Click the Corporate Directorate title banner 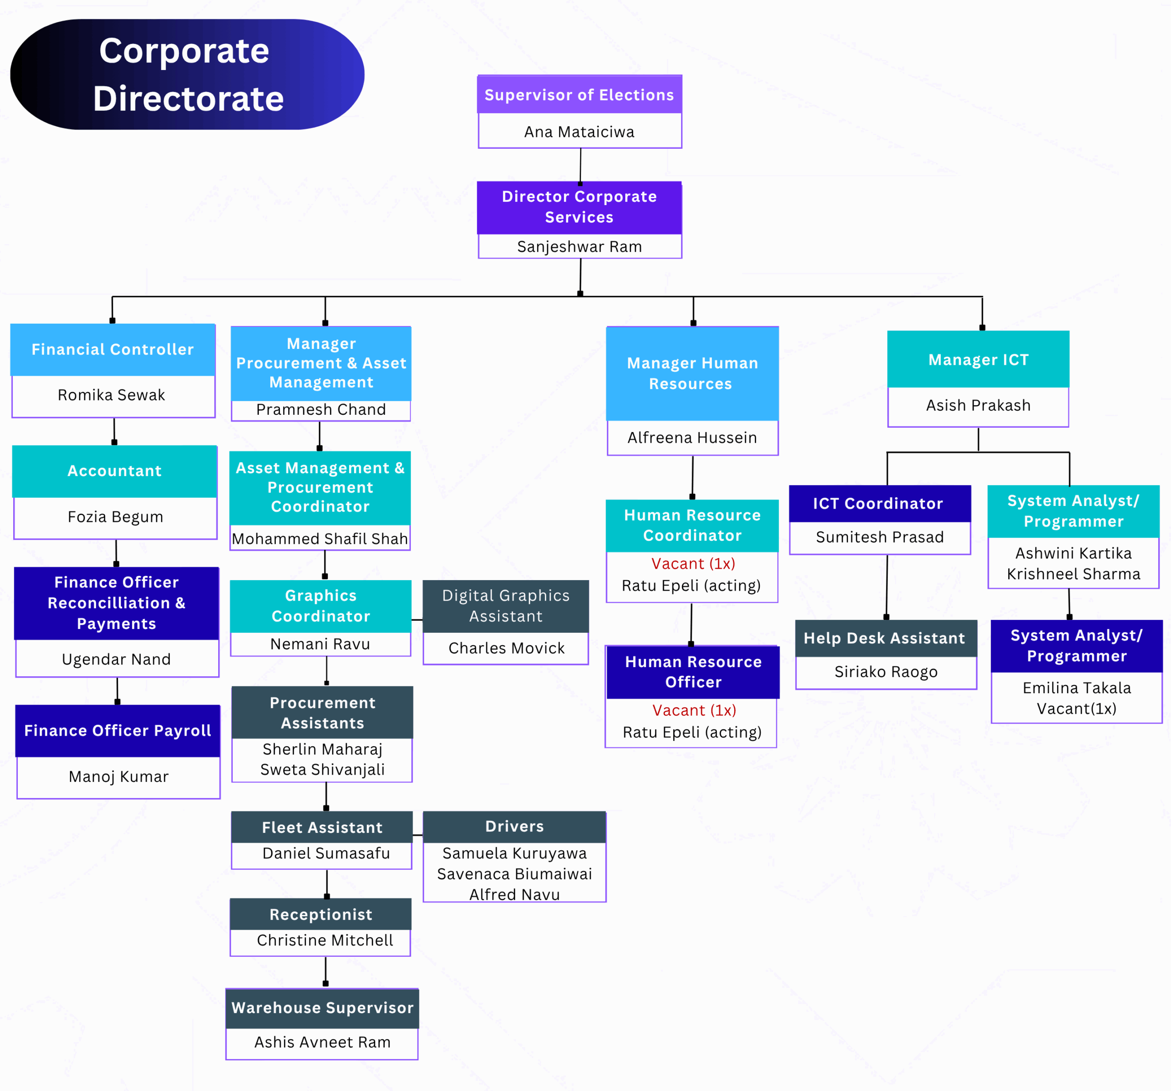point(187,74)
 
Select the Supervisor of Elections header point(579,95)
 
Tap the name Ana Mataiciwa point(579,132)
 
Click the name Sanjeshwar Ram point(579,246)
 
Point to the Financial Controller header point(113,349)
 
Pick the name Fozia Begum point(115,517)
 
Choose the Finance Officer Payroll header point(117,731)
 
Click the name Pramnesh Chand point(321,410)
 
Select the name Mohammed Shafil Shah point(320,539)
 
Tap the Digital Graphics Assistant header point(505,606)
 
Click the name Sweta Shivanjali point(322,770)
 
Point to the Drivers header point(514,826)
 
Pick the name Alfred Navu point(514,895)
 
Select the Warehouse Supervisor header point(322,1008)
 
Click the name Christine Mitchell point(325,940)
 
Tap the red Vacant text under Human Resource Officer point(694,710)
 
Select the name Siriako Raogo point(886,672)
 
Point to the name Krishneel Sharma point(1073,574)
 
